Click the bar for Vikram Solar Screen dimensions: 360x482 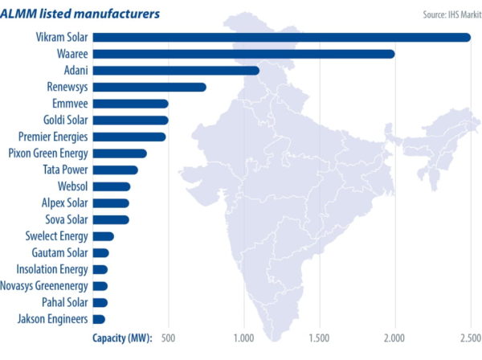(281, 37)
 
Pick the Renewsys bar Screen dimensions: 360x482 (149, 87)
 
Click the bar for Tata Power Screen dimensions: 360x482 (116, 170)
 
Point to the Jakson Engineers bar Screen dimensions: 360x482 (99, 319)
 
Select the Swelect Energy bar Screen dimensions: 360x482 (104, 236)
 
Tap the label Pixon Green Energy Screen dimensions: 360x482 (47, 153)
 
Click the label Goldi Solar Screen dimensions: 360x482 (64, 120)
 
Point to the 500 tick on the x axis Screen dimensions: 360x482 (169, 337)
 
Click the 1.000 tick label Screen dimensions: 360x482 (243, 337)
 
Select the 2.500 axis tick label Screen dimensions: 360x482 (469, 337)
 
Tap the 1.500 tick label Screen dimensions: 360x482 (319, 337)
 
